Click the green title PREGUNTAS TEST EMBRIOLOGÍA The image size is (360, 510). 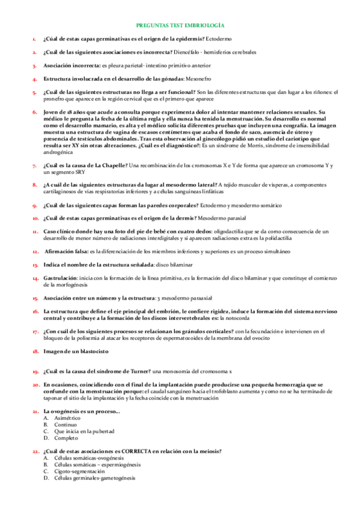click(180, 26)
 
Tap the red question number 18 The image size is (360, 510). click(35, 351)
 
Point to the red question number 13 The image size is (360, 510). click(35, 265)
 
